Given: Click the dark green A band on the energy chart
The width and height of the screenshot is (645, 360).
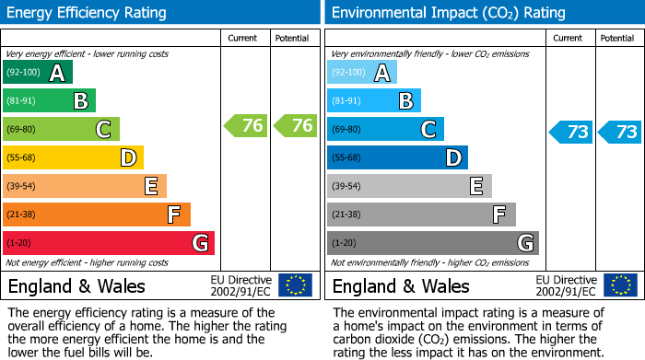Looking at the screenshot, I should point(38,73).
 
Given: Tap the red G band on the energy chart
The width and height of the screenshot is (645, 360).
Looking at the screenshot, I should point(109,243).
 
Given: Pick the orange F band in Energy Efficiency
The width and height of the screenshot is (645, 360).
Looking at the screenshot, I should point(97,215).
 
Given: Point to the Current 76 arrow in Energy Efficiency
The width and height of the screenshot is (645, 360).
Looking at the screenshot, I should point(246,126).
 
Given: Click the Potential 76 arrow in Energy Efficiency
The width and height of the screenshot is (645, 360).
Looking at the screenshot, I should point(295,126).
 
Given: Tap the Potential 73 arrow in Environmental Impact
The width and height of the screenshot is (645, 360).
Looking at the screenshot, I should point(620,132).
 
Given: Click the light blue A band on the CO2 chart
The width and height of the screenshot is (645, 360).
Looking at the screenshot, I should point(362,73).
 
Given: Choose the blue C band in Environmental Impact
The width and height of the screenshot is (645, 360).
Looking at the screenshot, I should point(385,130).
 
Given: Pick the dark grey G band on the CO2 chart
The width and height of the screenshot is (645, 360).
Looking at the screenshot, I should point(433,243).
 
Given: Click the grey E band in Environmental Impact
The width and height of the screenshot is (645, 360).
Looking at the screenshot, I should point(409,186).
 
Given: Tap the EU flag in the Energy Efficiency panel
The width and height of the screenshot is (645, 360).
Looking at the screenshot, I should point(295,285).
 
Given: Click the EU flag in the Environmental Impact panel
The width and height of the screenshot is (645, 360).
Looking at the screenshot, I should point(620,285).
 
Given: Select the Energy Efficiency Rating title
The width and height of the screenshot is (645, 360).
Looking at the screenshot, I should point(88,13).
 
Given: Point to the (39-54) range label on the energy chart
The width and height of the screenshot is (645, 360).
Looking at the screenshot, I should point(22,187).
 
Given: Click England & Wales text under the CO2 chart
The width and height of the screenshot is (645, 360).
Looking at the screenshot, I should point(401,285).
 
